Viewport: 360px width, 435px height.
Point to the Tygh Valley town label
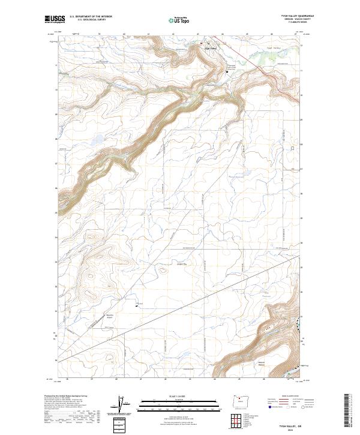pos(211,49)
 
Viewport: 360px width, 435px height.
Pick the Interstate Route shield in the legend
pos(268,407)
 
